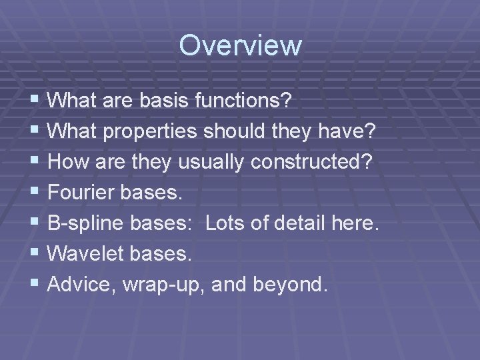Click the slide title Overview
240,46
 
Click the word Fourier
82,193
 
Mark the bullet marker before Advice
35,285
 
